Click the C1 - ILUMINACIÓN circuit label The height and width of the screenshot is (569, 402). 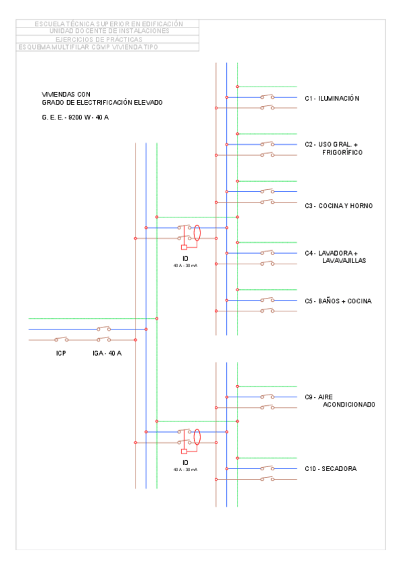click(x=332, y=98)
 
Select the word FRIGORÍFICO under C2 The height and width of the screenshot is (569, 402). click(x=342, y=152)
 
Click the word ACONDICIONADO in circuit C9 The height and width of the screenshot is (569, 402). click(x=348, y=405)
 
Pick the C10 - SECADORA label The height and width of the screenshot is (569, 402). click(x=330, y=468)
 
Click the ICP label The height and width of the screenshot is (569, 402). click(x=61, y=352)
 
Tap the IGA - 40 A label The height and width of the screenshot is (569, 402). click(x=107, y=352)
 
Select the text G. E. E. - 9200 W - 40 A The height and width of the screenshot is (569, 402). click(x=80, y=117)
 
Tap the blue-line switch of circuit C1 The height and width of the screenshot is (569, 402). click(x=268, y=97)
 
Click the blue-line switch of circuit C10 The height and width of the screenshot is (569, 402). click(x=268, y=468)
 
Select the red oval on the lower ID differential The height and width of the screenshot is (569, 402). click(x=197, y=437)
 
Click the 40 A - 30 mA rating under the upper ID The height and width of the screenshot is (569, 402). click(x=185, y=266)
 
